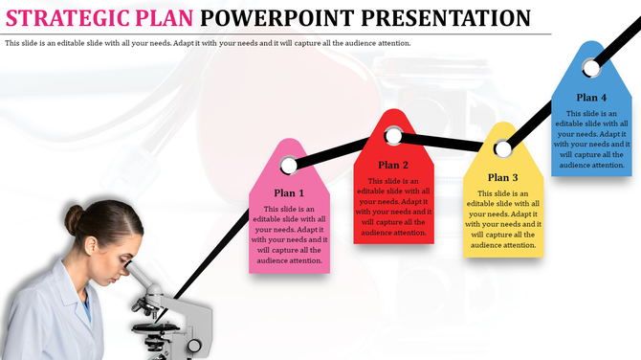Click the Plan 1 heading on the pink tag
pos(289,192)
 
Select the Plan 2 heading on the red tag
pos(393,165)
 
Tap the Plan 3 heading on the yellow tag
pos(502,177)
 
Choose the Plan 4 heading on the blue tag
pos(591,97)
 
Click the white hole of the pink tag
pos(289,166)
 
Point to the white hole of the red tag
pos(393,136)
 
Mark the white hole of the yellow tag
pos(502,149)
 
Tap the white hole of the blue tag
pos(591,66)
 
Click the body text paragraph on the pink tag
pos(289,235)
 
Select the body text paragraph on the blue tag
pos(591,139)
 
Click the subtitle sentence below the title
pos(208,44)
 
